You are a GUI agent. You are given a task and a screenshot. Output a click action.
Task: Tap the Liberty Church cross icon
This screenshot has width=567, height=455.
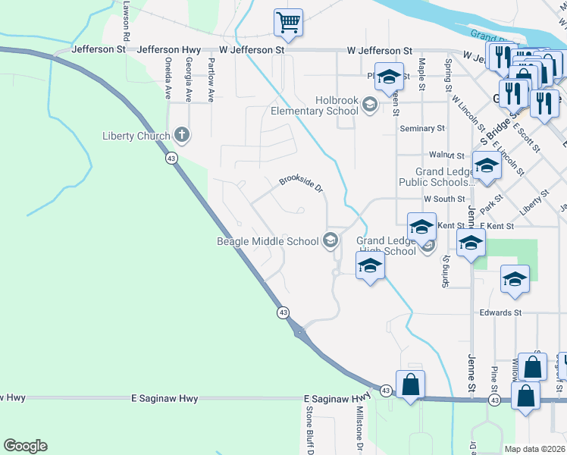[x=181, y=136]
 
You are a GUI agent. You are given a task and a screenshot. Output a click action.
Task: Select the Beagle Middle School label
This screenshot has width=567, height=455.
[x=268, y=242]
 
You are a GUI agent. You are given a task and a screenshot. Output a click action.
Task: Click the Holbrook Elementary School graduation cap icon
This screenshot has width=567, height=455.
[x=370, y=105]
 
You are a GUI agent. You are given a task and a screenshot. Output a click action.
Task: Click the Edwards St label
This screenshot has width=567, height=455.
[x=500, y=312]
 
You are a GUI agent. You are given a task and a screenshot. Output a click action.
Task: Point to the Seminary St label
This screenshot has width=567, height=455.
[x=422, y=129]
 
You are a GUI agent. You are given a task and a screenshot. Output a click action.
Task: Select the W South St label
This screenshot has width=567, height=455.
[x=444, y=199]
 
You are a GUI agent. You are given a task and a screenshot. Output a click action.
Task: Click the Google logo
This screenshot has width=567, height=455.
[x=25, y=446]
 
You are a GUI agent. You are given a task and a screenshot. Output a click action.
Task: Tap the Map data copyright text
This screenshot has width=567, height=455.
[x=534, y=449]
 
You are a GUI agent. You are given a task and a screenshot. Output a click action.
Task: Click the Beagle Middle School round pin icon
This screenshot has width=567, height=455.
[x=330, y=241]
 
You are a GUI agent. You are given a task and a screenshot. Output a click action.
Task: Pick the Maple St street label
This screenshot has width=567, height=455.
[x=422, y=74]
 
